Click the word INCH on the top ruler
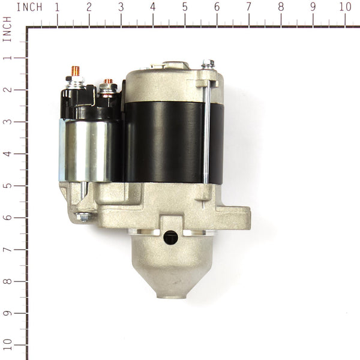pos(29,7)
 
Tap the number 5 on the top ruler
pos(185,7)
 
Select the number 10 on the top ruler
pos(345,7)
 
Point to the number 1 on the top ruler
pos(57,7)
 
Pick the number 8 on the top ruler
pos(281,7)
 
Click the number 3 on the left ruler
pos(7,122)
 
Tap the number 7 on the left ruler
pos(7,249)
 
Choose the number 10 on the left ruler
pos(7,345)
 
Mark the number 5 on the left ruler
pos(7,185)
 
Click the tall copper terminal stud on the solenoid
pos(76,71)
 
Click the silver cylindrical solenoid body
pos(85,150)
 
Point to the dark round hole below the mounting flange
pos(170,237)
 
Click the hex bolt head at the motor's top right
pos(208,63)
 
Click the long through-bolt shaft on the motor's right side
pos(206,132)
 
